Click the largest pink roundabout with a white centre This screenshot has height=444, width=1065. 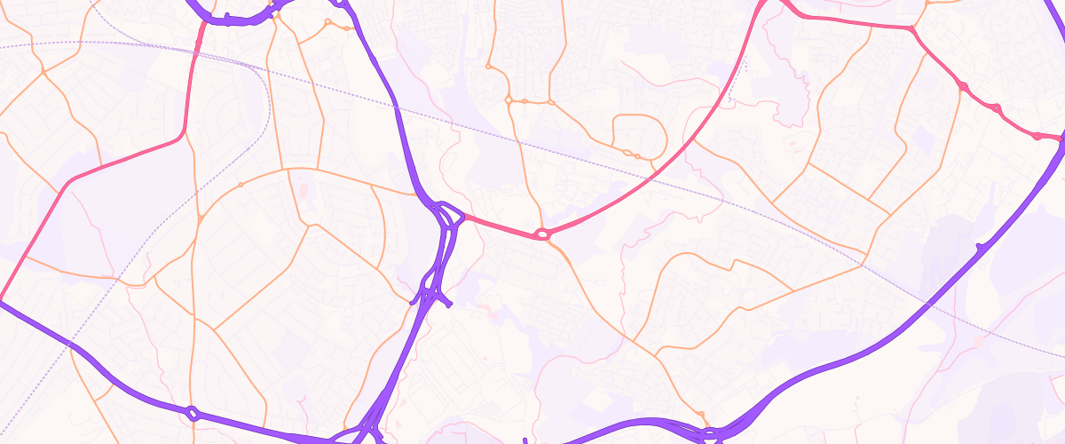tap(542, 234)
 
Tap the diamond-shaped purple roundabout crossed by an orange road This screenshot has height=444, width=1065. tap(193, 413)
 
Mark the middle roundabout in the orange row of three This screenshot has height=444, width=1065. tap(525, 101)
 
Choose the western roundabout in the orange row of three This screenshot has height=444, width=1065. tap(509, 101)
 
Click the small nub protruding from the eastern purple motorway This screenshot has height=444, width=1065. tap(978, 246)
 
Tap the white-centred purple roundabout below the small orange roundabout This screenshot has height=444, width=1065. tap(710, 433)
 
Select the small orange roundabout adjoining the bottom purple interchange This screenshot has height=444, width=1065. tap(701, 415)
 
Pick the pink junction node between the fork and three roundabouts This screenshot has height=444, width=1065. tap(911, 29)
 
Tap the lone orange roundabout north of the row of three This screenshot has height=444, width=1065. tap(488, 66)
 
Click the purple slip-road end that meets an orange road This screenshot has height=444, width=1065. tap(413, 302)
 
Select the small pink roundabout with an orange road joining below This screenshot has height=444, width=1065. tap(963, 86)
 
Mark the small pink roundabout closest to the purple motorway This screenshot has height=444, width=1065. tap(1037, 136)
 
